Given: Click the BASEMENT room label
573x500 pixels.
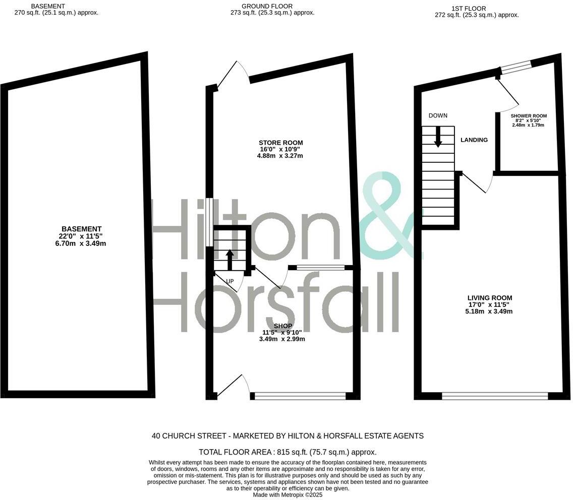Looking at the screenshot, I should pyautogui.click(x=81, y=229).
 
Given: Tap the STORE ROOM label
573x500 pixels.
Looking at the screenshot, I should pyautogui.click(x=281, y=143).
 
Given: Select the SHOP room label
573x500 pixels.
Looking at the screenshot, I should pyautogui.click(x=283, y=326).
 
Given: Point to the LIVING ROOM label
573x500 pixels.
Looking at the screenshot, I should pyautogui.click(x=489, y=298).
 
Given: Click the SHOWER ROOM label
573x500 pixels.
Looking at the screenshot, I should pyautogui.click(x=529, y=116).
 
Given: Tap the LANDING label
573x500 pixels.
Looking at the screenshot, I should pyautogui.click(x=474, y=140).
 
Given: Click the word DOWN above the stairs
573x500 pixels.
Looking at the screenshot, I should pyautogui.click(x=438, y=115).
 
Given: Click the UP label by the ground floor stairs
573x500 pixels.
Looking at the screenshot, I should pyautogui.click(x=230, y=281).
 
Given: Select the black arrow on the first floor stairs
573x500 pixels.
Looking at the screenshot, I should pyautogui.click(x=438, y=136).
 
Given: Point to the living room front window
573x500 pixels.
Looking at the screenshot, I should pyautogui.click(x=494, y=396).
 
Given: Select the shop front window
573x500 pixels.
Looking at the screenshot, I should pyautogui.click(x=301, y=396).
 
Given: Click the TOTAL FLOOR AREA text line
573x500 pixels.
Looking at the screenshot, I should pyautogui.click(x=288, y=452).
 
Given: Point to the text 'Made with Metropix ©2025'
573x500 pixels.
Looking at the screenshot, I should pyautogui.click(x=288, y=495).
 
